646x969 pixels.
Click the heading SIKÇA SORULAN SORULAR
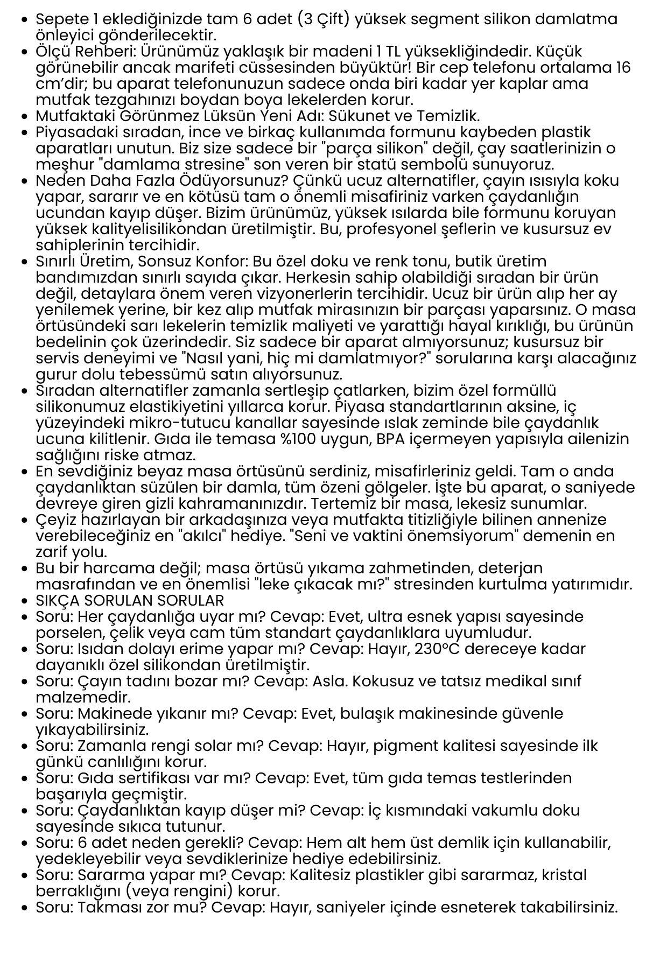click(130, 600)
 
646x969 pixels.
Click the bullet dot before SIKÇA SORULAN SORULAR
click(23, 601)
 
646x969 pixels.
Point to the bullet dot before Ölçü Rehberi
click(23, 52)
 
